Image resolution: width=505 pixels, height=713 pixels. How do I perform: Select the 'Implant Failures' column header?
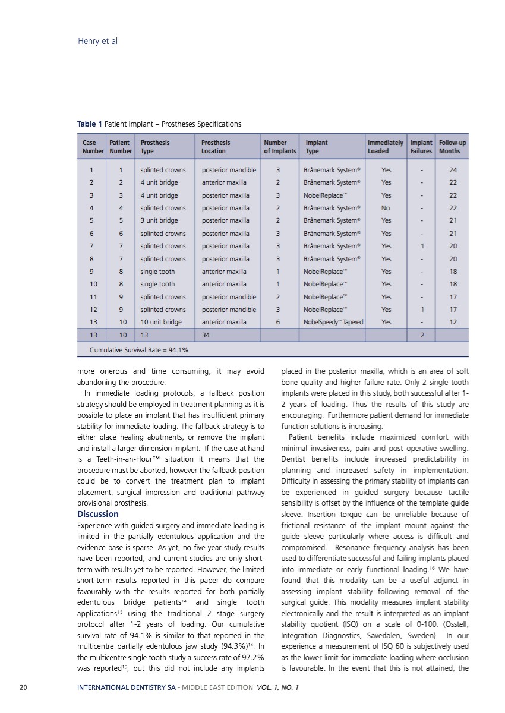(421, 147)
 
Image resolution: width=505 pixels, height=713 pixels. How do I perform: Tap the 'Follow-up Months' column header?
(452, 147)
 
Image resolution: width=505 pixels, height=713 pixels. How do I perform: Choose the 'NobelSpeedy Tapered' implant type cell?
(333, 322)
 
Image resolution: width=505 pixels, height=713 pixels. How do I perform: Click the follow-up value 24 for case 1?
(453, 169)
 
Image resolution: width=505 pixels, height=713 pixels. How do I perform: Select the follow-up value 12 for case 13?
(453, 322)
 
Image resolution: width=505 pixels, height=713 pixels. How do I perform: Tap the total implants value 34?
(206, 335)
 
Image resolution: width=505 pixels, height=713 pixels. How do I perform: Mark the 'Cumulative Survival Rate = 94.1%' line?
(139, 350)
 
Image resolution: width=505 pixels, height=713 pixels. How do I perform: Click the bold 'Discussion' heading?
(98, 514)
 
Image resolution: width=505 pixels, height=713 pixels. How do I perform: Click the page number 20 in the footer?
(23, 687)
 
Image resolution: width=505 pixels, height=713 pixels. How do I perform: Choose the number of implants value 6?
(279, 322)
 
